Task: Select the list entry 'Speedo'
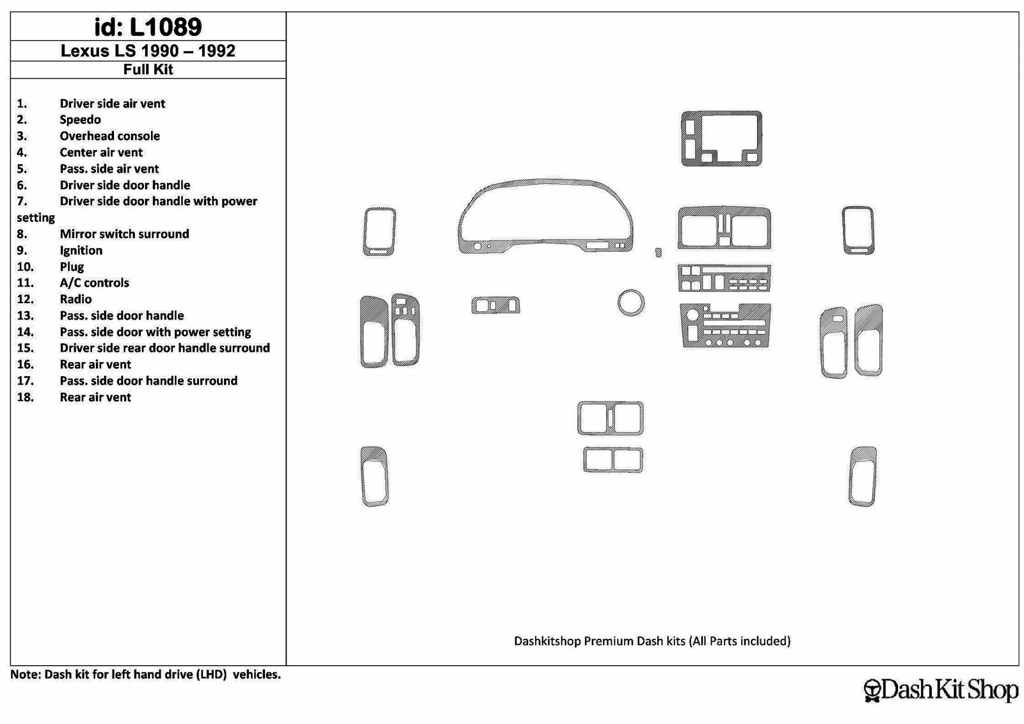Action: [80, 120]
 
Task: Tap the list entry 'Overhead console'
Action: [109, 136]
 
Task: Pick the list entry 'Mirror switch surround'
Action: [124, 234]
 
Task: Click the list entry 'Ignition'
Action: [81, 250]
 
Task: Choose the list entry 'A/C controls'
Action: [94, 283]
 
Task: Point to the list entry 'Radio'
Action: [76, 299]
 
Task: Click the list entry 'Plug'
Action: [72, 267]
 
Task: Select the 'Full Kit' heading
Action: [148, 70]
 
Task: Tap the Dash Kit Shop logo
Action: [941, 690]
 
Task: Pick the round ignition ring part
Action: [630, 302]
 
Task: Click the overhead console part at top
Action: [721, 139]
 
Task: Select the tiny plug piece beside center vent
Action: [658, 252]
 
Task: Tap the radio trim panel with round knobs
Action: [725, 326]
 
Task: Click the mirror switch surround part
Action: [496, 305]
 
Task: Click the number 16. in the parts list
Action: [25, 365]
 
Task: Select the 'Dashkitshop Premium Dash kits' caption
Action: [652, 641]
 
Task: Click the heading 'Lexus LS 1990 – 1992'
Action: [148, 51]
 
